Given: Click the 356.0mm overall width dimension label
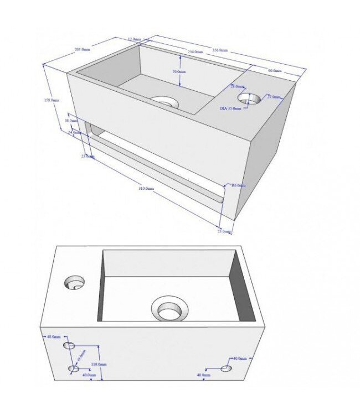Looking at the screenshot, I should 219,50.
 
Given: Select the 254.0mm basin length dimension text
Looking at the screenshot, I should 194,52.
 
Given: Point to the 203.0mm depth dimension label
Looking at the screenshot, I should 81,50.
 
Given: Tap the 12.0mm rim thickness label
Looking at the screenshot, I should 134,39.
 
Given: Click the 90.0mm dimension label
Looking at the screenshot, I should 275,71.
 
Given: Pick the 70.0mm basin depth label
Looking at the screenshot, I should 178,72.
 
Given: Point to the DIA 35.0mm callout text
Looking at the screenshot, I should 230,108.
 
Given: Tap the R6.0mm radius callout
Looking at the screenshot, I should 239,185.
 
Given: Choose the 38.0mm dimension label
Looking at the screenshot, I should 70,121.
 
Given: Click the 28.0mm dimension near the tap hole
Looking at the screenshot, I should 237,86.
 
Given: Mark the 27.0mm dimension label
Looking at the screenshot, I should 274,97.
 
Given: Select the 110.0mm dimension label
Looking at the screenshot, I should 99,365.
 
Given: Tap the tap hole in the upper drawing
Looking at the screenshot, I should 249,98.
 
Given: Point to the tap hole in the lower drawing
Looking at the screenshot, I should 74,284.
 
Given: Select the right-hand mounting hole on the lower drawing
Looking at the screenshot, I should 226,369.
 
